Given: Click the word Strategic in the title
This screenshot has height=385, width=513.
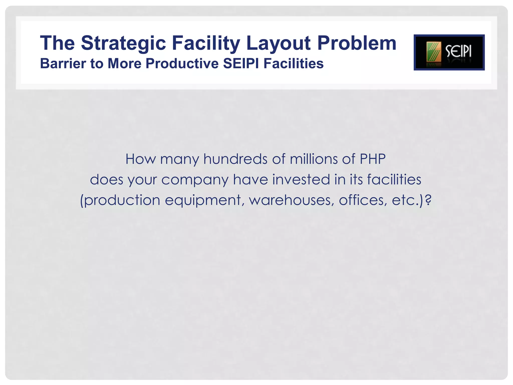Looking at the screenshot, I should (x=123, y=43).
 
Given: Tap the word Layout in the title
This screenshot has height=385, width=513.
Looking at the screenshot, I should (x=278, y=43).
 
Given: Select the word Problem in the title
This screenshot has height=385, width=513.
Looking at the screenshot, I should (x=357, y=43).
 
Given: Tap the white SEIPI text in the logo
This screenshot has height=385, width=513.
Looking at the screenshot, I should (x=458, y=52).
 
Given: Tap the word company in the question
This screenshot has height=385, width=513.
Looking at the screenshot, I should (x=195, y=180).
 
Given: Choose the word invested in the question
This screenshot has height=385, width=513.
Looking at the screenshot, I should (x=301, y=179).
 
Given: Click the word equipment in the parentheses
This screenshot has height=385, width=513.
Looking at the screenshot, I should (x=203, y=201).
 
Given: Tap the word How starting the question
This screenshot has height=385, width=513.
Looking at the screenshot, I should (x=140, y=159).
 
